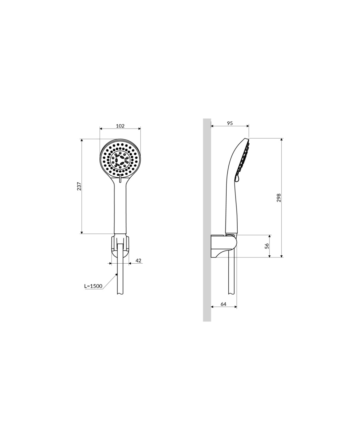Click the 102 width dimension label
120,126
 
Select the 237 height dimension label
79,186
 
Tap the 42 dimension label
138,260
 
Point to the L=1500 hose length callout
93,286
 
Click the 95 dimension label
230,123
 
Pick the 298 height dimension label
279,198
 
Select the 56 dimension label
267,246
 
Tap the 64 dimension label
223,304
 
